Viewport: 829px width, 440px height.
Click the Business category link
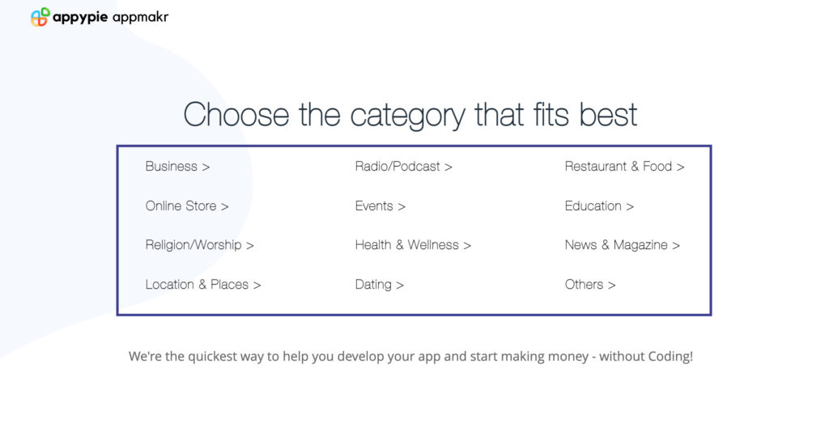pos(177,167)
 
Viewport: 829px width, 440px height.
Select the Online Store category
pos(187,206)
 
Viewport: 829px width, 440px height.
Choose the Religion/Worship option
pos(200,245)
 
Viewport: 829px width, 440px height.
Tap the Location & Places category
pos(203,285)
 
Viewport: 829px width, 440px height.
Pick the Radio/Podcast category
pos(403,167)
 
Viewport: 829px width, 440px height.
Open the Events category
pos(380,206)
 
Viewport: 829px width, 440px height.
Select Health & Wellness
pos(413,245)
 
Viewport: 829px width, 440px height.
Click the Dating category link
pos(379,285)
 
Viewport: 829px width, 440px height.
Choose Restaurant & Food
pos(624,167)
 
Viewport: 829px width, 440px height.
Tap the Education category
pos(599,206)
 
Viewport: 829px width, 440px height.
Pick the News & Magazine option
pos(623,245)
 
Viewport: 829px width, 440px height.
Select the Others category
pos(590,285)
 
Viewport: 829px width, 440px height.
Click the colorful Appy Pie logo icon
pos(40,17)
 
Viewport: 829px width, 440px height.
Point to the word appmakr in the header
pos(141,18)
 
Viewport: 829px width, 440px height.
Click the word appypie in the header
pos(80,18)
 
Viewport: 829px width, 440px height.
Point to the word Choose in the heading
pos(236,115)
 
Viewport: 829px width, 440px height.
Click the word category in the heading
pos(407,116)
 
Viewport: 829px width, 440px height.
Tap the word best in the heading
pos(608,115)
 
